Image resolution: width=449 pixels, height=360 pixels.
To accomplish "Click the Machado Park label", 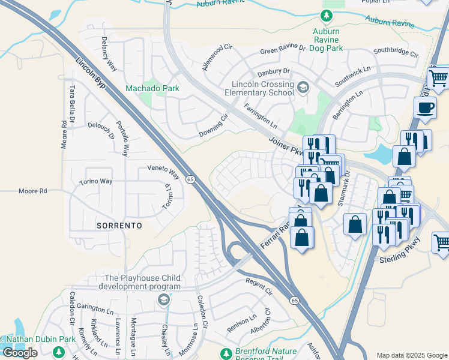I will [152, 88].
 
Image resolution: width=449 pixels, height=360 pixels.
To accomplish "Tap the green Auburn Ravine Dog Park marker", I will [326, 16].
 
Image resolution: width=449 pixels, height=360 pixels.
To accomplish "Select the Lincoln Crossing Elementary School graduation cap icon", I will [303, 88].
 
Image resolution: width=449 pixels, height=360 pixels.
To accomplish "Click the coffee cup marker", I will [426, 108].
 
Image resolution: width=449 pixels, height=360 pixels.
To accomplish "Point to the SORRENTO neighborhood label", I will [119, 226].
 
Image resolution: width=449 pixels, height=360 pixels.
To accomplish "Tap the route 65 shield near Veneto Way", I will [190, 179].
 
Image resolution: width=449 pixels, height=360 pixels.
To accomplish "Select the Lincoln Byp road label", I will [91, 73].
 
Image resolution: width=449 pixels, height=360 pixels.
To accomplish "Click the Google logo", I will [20, 353].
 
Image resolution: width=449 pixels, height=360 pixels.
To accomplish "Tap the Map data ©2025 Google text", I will [412, 355].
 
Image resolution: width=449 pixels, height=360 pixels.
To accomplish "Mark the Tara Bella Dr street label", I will [72, 103].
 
